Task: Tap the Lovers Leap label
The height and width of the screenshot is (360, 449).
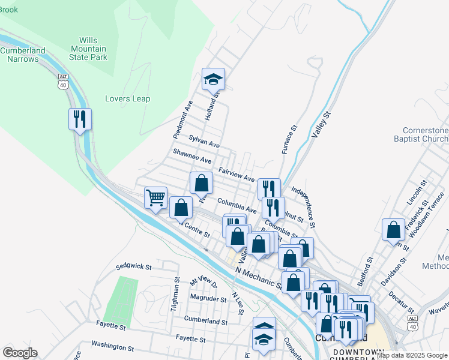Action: coord(127,99)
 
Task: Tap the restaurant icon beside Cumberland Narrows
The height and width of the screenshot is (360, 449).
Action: coord(80,119)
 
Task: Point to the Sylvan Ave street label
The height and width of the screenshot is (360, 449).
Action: coord(204,142)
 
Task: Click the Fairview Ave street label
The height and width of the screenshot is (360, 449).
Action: coord(237,175)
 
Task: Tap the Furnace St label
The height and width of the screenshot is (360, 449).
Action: coord(289,139)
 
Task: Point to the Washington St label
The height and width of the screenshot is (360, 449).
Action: coord(112,346)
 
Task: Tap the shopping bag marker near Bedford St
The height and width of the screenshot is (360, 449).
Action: coord(393,229)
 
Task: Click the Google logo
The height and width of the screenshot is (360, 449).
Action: coord(20,353)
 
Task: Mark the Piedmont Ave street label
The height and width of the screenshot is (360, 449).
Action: coord(182,119)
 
